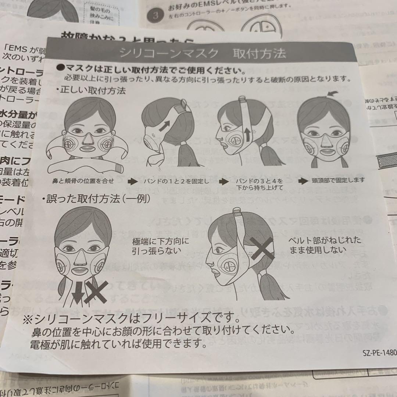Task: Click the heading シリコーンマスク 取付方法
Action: [x=202, y=53]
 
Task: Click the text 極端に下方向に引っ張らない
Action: [x=161, y=246]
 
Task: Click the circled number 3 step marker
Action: [x=155, y=16]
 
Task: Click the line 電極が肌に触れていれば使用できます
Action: [x=118, y=344]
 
